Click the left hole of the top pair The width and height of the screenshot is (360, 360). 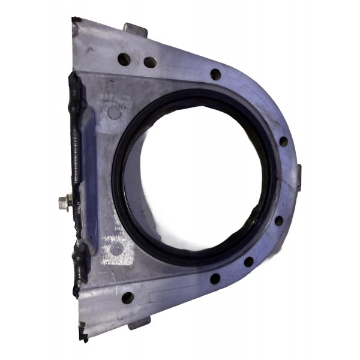pyautogui.click(x=124, y=59)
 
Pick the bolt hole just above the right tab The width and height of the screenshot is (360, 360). pyautogui.click(x=283, y=142)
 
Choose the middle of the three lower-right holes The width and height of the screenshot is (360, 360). pyautogui.click(x=248, y=262)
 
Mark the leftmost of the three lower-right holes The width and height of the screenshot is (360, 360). pyautogui.click(x=214, y=278)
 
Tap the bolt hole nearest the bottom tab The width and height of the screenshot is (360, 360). pyautogui.click(x=127, y=297)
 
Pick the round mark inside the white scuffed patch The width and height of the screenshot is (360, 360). pyautogui.click(x=118, y=248)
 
